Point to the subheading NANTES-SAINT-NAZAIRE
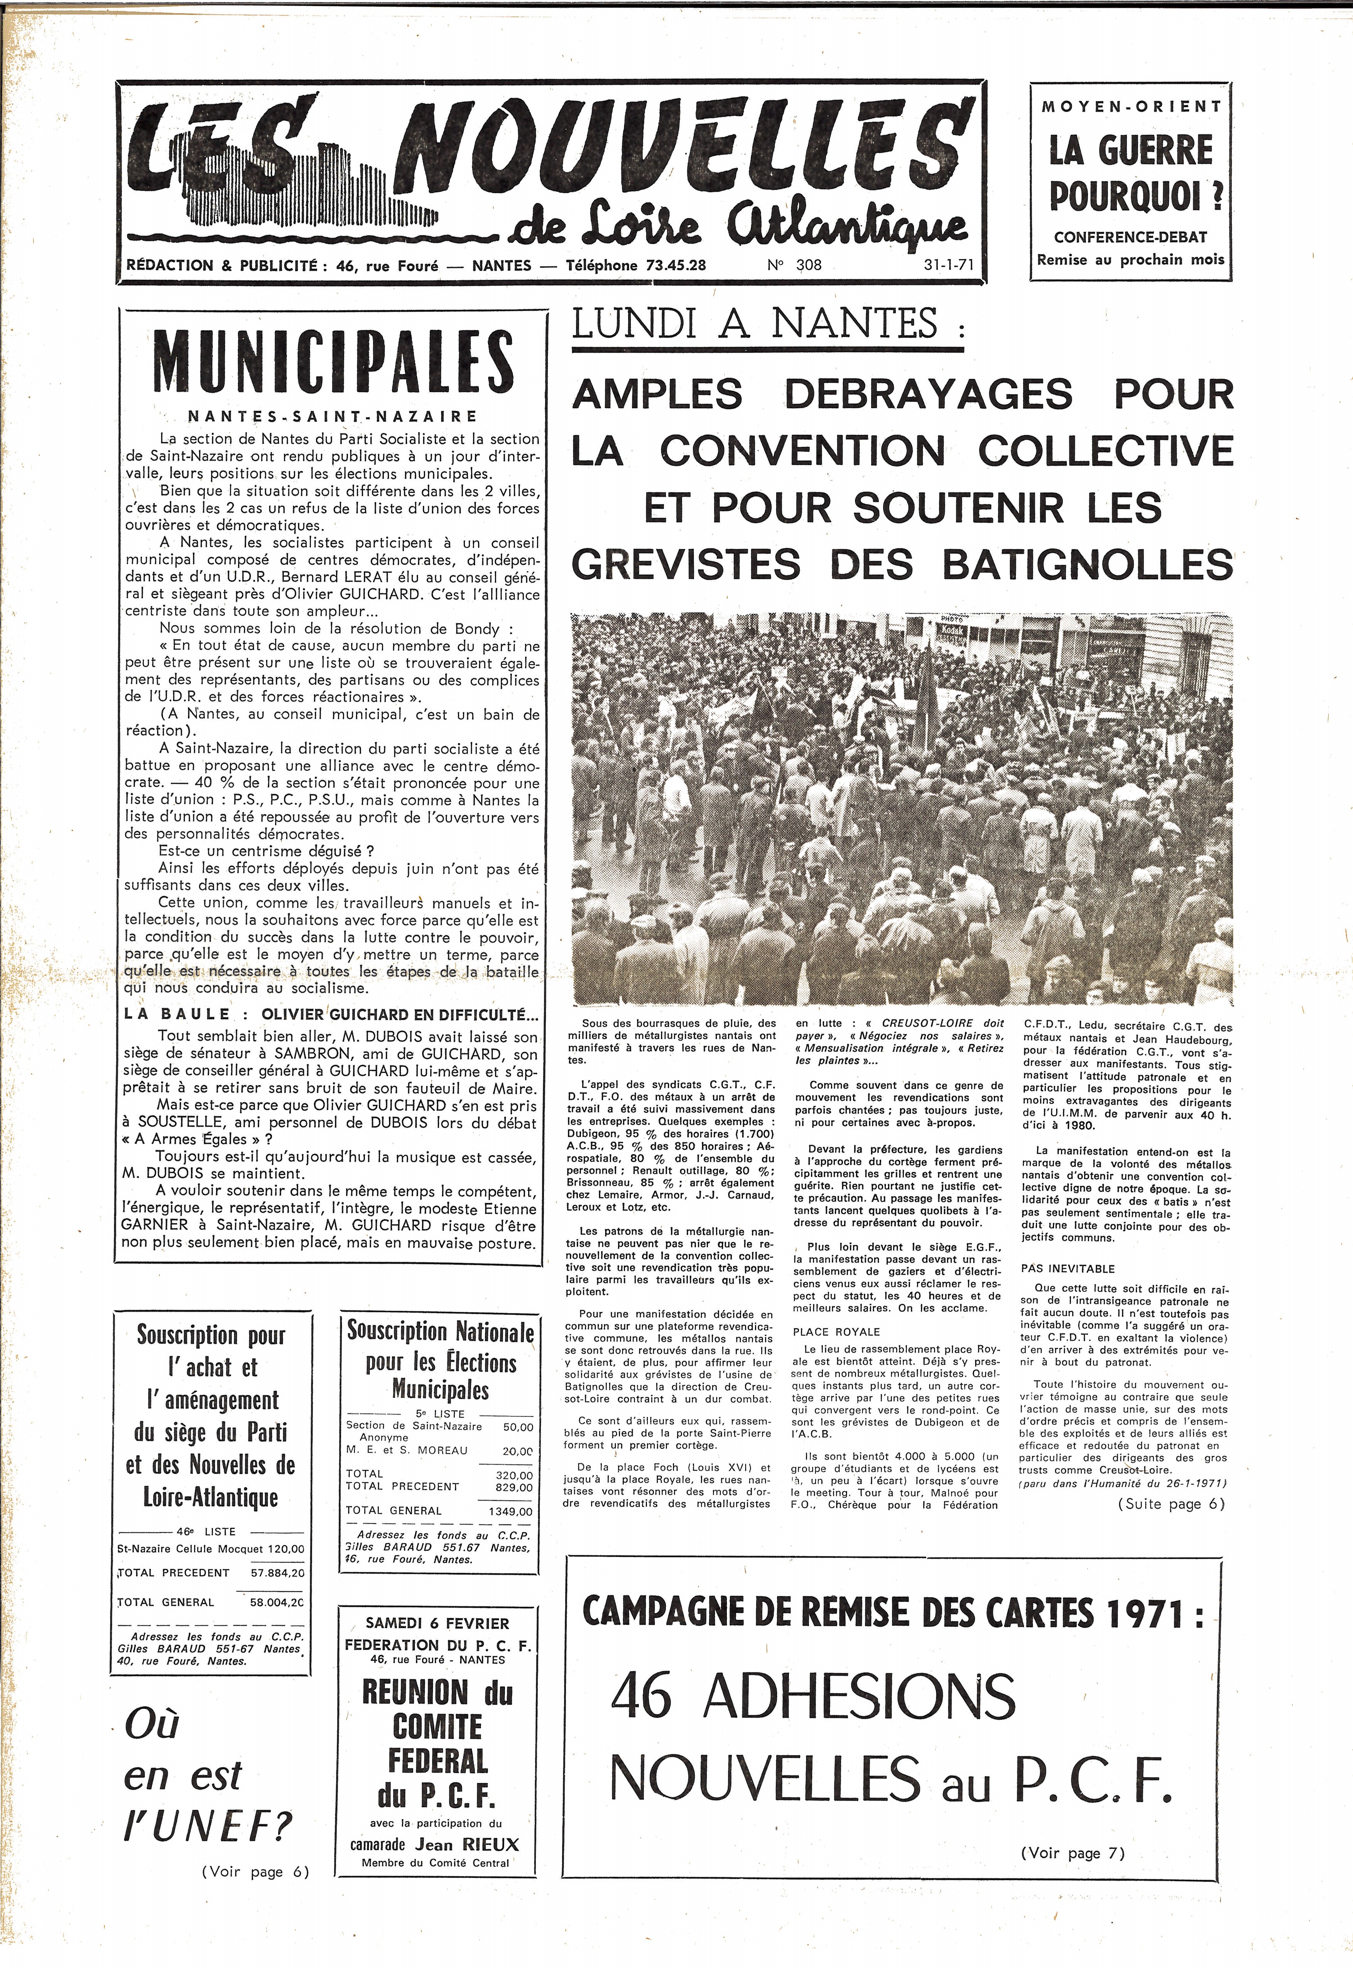[332, 416]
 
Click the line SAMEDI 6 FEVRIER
[437, 1623]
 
